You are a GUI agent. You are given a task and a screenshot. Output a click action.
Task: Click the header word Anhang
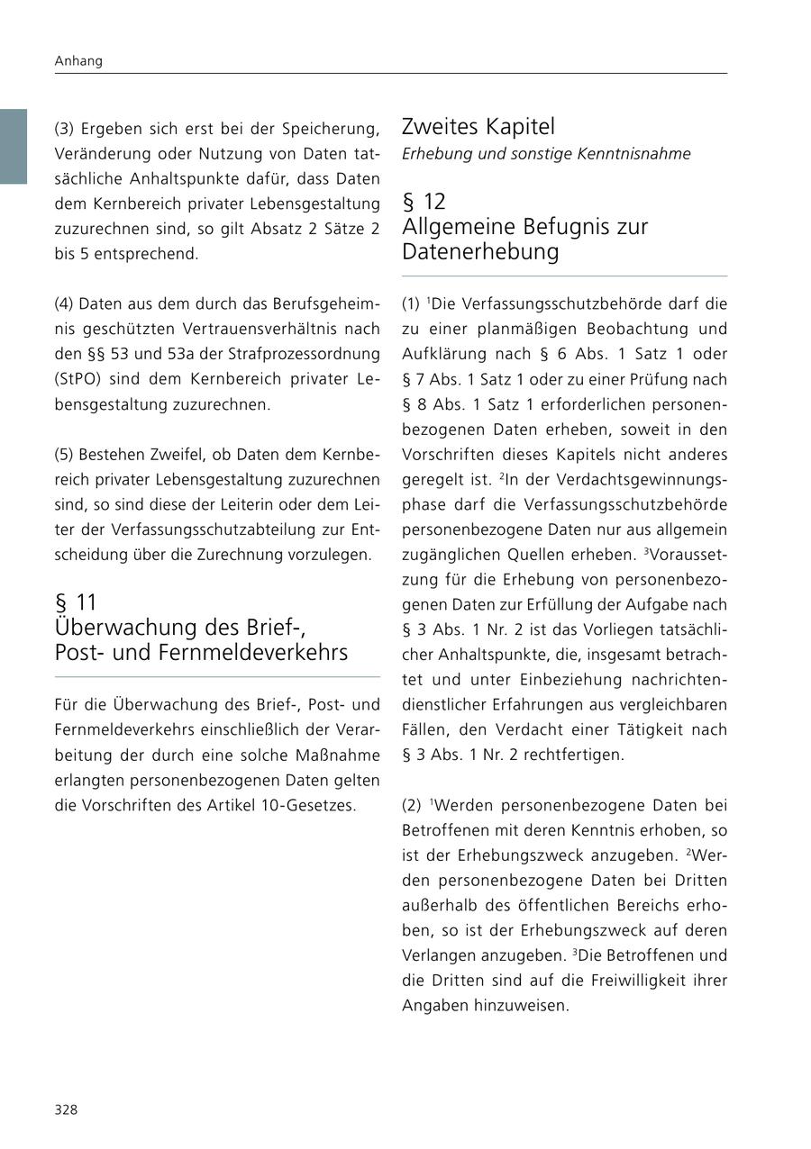pyautogui.click(x=78, y=61)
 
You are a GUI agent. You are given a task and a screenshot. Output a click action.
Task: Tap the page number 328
pyautogui.click(x=66, y=1109)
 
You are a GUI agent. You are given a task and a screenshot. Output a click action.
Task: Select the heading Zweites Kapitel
pyautogui.click(x=478, y=126)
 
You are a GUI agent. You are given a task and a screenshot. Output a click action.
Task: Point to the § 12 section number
pyautogui.click(x=424, y=201)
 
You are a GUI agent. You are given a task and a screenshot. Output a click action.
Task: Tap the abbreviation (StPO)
pyautogui.click(x=78, y=379)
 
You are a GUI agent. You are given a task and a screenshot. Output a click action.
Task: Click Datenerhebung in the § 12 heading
pyautogui.click(x=480, y=251)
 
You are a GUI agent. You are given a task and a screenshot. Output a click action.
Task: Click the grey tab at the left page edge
pyautogui.click(x=14, y=147)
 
